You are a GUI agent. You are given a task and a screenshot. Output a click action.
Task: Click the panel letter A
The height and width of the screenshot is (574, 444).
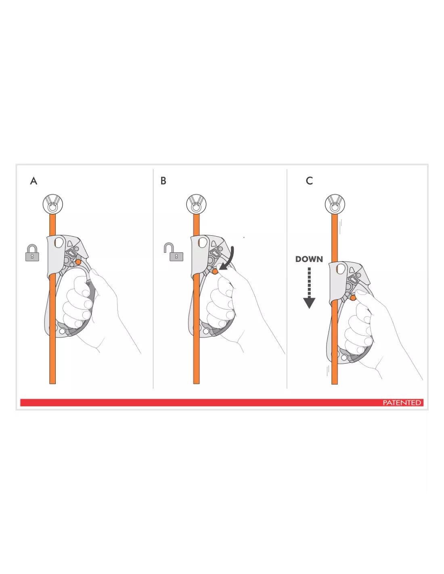click(34, 181)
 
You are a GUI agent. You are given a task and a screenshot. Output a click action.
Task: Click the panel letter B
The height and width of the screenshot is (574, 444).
click(163, 181)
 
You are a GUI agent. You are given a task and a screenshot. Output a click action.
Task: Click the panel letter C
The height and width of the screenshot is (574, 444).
click(309, 181)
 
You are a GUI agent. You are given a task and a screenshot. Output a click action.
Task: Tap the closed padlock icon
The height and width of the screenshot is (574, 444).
click(32, 253)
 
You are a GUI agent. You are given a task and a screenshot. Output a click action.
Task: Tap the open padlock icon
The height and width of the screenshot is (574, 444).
click(174, 252)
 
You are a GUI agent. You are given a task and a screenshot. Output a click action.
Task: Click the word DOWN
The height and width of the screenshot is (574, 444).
click(309, 259)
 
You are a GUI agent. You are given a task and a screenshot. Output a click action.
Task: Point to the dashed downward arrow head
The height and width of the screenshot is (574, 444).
click(309, 303)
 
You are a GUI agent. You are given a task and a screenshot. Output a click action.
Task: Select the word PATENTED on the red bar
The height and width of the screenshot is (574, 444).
click(402, 402)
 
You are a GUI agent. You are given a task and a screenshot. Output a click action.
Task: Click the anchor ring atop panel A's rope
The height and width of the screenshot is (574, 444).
click(53, 204)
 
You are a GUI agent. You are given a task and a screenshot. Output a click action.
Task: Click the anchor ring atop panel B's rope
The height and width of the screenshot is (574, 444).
click(196, 204)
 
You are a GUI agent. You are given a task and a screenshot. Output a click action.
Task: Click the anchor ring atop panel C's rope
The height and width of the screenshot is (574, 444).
click(335, 204)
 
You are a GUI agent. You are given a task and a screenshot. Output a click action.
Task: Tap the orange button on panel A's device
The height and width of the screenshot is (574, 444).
click(78, 262)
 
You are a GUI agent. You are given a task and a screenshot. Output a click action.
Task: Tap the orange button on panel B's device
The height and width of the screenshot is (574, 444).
click(215, 271)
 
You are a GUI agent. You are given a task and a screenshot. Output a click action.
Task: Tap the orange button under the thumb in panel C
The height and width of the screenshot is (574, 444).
click(353, 298)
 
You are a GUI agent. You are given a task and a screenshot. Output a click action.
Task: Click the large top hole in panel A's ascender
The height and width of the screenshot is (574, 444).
click(59, 242)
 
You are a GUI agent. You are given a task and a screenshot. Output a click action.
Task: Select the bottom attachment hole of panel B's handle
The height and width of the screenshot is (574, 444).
click(206, 331)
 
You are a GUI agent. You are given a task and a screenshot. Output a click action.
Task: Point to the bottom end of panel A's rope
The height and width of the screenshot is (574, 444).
click(52, 383)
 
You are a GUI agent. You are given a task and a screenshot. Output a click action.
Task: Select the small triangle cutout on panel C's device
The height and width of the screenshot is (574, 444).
click(352, 270)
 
